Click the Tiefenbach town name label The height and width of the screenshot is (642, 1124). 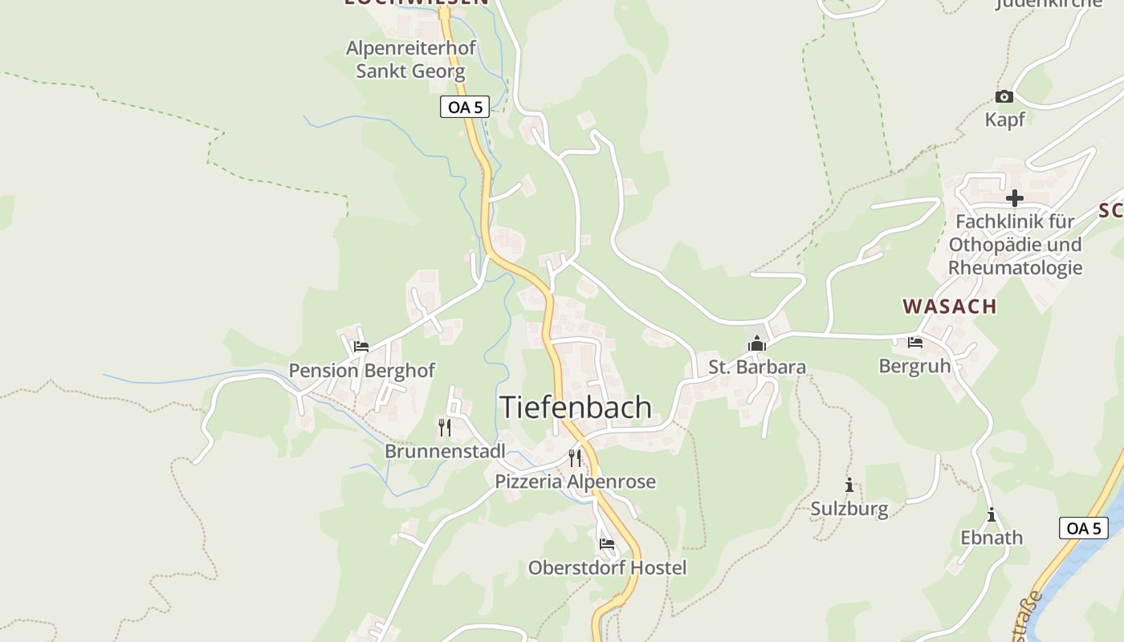click(x=576, y=407)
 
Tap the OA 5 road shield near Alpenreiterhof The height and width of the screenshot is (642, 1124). click(x=465, y=107)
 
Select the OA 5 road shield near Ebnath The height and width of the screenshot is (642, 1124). click(x=1084, y=528)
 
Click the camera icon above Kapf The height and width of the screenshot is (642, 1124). click(x=1004, y=97)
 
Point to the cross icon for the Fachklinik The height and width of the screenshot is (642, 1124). click(x=1015, y=197)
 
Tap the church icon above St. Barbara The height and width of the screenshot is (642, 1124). click(x=756, y=344)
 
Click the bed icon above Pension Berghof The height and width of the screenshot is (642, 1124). click(x=361, y=347)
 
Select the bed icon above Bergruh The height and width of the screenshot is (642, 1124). click(x=914, y=343)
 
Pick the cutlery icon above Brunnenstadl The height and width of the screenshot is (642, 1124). click(x=445, y=427)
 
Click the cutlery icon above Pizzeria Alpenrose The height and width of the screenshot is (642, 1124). click(x=575, y=458)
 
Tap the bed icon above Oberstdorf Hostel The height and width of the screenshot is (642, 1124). click(x=607, y=544)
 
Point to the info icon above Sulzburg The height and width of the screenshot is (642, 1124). click(x=849, y=485)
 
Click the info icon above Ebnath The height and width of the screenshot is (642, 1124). click(x=992, y=514)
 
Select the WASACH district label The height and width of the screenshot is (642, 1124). click(x=950, y=306)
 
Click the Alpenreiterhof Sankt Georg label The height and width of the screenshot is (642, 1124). click(x=411, y=59)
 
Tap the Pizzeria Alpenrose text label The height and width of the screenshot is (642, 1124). click(x=575, y=481)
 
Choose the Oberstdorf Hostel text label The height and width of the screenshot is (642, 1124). click(x=607, y=568)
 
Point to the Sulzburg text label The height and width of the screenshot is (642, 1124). click(x=849, y=509)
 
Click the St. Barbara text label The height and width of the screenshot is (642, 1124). click(x=757, y=368)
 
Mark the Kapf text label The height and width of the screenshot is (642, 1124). click(x=1005, y=120)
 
